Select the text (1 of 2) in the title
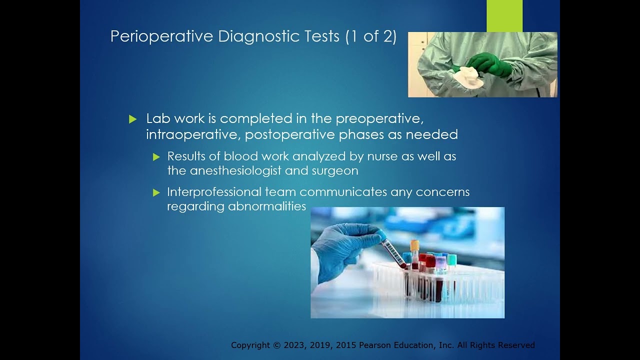(371, 37)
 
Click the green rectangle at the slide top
(504, 15)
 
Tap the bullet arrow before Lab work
(132, 119)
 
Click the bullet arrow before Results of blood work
(156, 157)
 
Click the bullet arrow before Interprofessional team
(156, 192)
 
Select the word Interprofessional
(214, 192)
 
